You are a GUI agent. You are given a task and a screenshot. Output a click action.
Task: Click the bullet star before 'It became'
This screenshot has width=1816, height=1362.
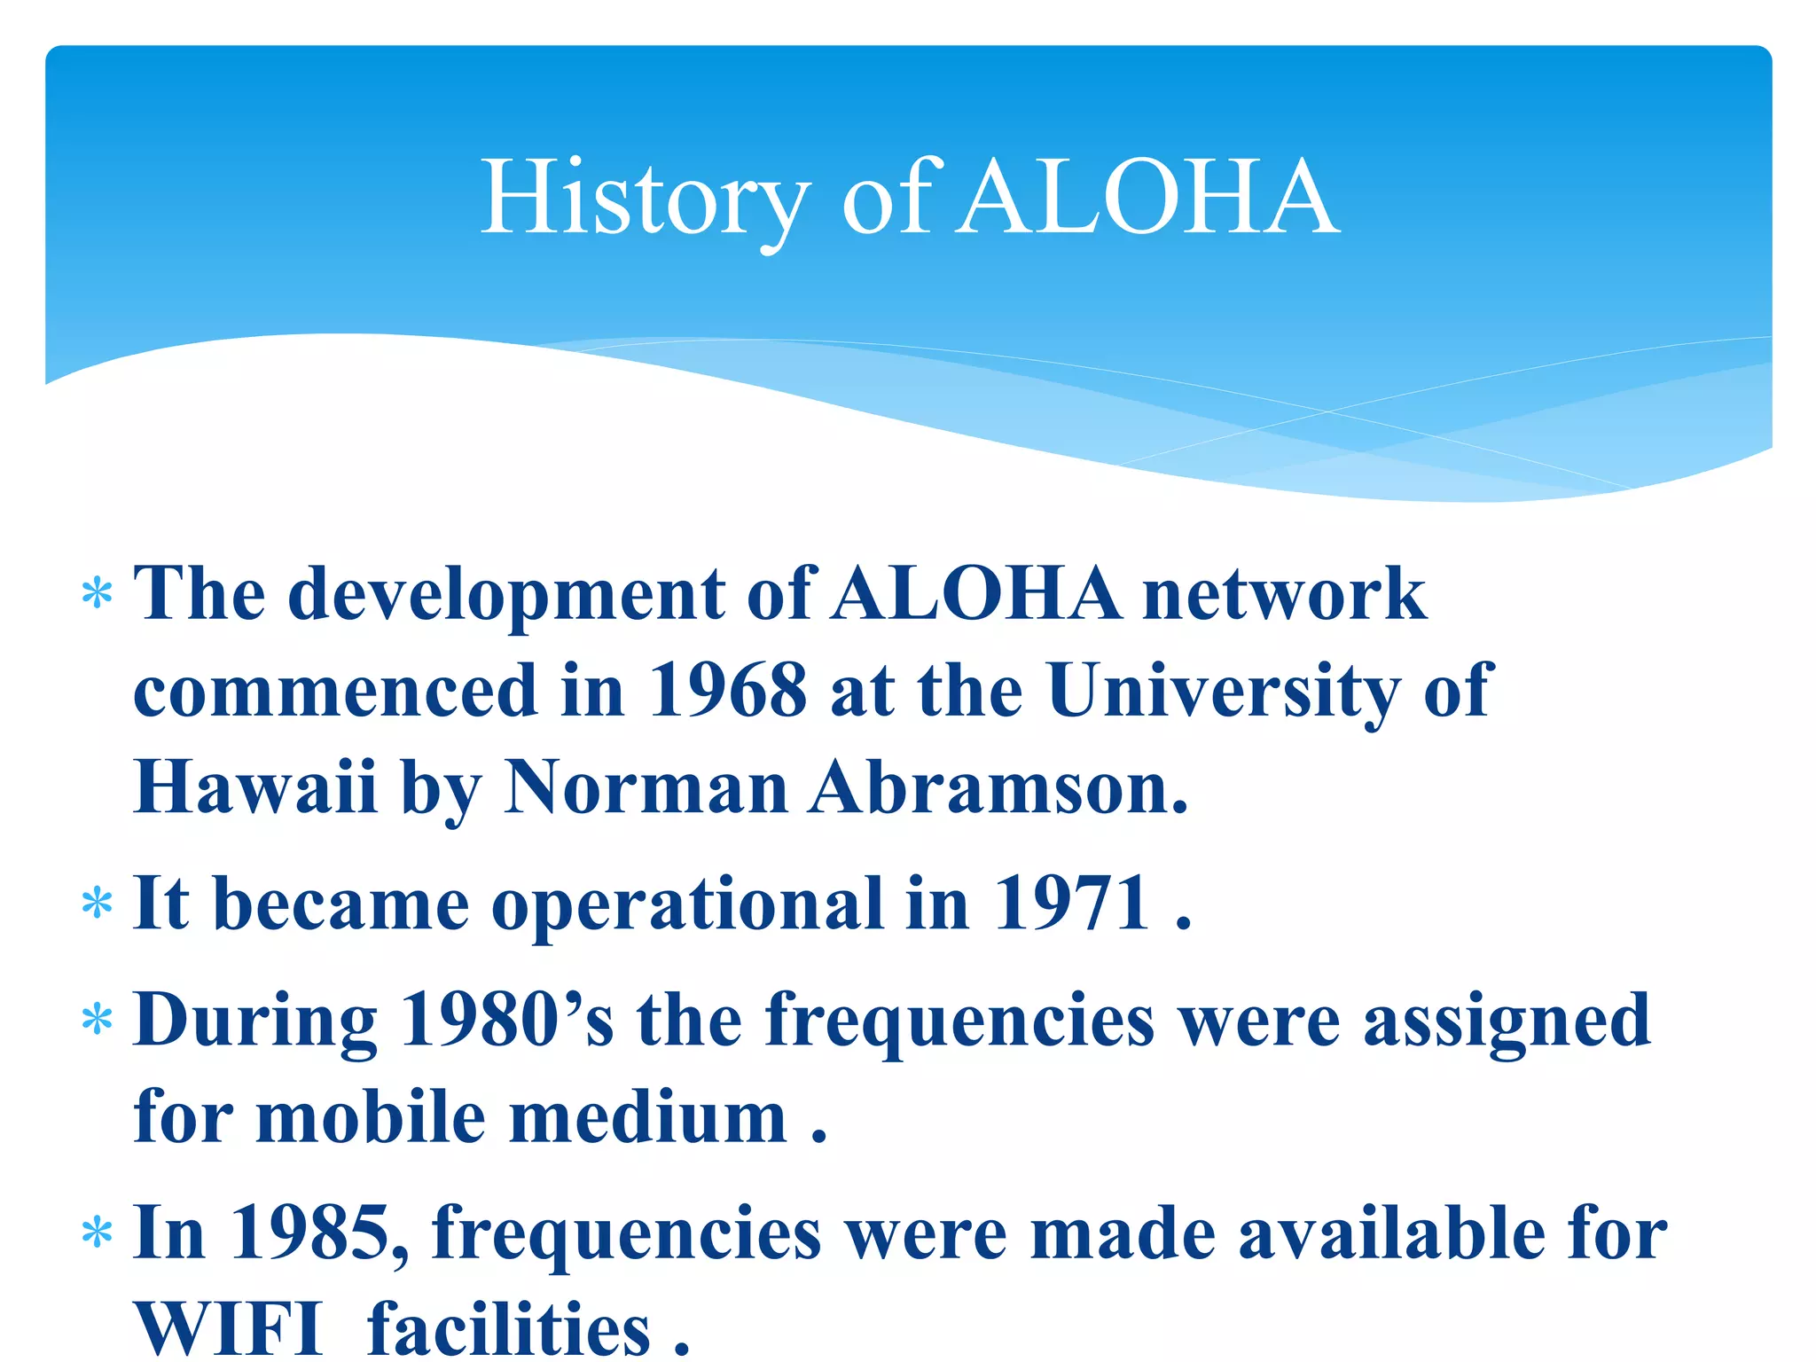pyautogui.click(x=97, y=904)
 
